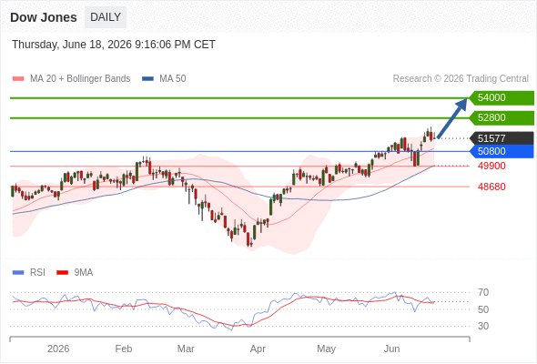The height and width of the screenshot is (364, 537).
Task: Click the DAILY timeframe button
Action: [106, 17]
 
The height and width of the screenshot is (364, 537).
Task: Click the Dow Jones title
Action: [44, 17]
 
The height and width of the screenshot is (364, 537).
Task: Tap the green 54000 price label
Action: [502, 98]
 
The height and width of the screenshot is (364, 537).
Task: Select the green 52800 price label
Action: [502, 117]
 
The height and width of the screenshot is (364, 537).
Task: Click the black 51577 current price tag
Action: [502, 138]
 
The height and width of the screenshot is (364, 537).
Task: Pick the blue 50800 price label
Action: [502, 151]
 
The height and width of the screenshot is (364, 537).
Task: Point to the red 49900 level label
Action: [491, 167]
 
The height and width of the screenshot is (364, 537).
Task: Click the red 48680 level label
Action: [491, 187]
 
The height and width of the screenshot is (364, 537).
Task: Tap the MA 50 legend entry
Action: [164, 79]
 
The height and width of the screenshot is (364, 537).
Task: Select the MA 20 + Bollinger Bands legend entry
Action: [71, 79]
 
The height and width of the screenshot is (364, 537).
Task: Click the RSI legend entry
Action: [29, 273]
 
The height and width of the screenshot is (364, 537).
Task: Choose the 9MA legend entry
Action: [75, 273]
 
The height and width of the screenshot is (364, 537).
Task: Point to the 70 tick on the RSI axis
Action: [483, 292]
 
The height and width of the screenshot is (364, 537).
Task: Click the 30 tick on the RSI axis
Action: [483, 326]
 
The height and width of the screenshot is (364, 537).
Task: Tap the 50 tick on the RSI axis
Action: [483, 309]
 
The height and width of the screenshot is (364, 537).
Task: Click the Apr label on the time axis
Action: [258, 349]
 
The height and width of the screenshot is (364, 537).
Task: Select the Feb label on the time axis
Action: [124, 349]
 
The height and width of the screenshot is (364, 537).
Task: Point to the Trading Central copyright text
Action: [461, 79]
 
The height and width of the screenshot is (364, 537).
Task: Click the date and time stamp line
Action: [114, 45]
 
